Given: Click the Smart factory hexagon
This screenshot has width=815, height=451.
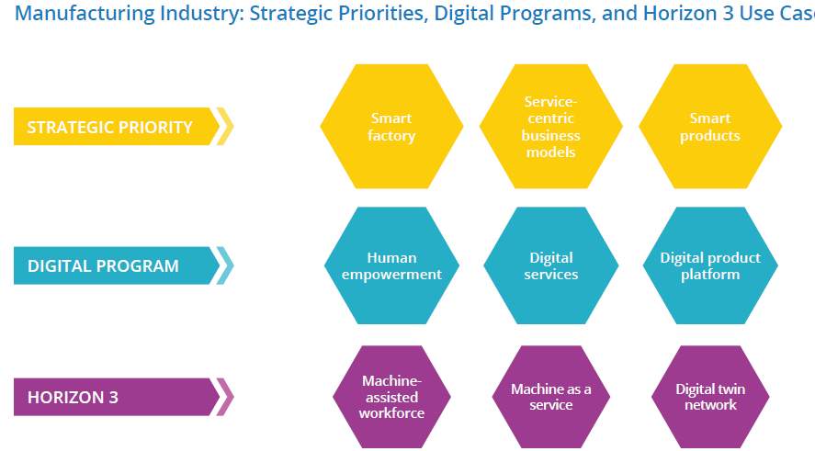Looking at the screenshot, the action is [x=391, y=126].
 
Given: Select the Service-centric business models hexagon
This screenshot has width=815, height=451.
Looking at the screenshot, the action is [x=551, y=126].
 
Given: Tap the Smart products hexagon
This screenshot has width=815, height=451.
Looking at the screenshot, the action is [x=710, y=126].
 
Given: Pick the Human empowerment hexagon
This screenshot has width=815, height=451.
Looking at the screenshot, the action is [x=391, y=265].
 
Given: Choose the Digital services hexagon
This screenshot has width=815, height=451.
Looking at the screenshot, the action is [x=551, y=265].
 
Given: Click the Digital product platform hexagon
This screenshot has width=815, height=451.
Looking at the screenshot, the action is [x=710, y=265].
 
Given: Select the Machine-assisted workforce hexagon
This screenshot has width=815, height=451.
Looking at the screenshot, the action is [x=391, y=397].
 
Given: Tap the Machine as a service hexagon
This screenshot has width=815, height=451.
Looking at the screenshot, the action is [x=551, y=397].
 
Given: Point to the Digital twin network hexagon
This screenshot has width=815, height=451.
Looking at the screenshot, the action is [x=710, y=397].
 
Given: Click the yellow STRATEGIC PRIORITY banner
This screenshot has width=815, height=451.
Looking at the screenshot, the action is [x=117, y=126].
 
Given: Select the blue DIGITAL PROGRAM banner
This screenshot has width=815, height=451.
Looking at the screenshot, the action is [x=117, y=265].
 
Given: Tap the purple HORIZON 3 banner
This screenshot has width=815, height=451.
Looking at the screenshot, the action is [x=117, y=397].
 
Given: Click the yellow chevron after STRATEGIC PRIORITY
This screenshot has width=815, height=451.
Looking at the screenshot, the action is [x=226, y=126].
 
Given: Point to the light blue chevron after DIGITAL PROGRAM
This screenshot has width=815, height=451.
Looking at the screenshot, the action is [x=226, y=265].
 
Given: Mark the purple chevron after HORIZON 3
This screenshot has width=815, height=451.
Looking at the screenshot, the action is [x=226, y=397].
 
